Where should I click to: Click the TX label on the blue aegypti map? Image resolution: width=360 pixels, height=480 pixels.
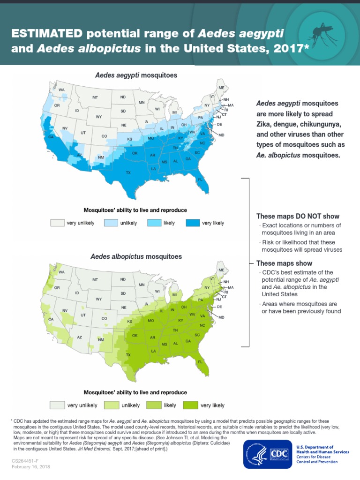coord(128,173)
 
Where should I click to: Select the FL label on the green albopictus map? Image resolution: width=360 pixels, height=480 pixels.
coord(200,362)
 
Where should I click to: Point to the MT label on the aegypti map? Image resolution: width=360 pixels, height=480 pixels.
coord(95,97)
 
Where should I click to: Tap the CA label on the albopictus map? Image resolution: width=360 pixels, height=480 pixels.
coord(51,319)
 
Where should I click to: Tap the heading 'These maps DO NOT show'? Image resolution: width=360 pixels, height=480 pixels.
coord(298,216)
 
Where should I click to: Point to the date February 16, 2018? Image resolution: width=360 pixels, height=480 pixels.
coord(31,467)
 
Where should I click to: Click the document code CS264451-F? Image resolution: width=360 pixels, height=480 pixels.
coord(26,461)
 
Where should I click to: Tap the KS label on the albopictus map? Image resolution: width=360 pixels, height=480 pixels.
coord(130,322)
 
